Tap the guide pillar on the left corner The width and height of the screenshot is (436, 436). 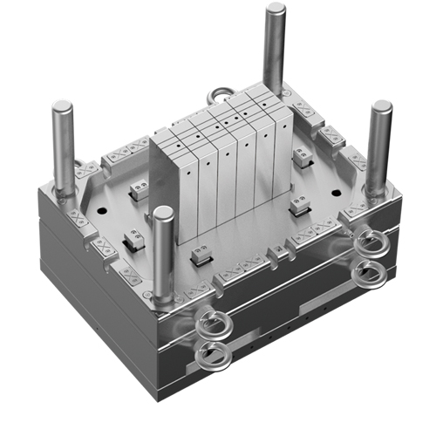coord(63,148)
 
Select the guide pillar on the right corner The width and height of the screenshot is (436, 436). coord(378,148)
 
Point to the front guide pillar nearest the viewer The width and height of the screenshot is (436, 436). coord(163,253)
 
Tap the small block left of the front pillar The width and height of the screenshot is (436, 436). coord(133,236)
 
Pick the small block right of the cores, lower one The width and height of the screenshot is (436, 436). coord(299,205)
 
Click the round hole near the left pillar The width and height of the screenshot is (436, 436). coord(103,210)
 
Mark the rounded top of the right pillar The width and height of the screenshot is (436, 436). coord(381,107)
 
